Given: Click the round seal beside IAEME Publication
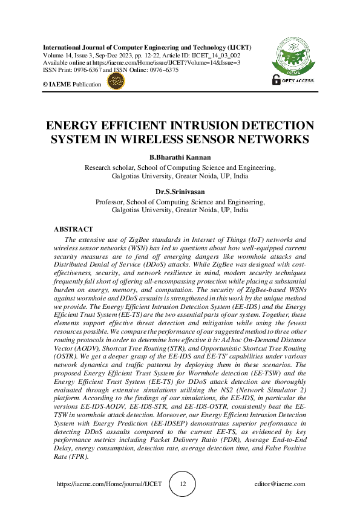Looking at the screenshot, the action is coord(115,83).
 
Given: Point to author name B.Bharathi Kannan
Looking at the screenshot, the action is coord(180,158).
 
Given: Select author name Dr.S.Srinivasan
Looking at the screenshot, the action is coord(180,192).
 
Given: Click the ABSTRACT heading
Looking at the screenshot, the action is coord(73,230).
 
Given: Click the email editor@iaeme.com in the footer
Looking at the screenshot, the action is coord(280,484).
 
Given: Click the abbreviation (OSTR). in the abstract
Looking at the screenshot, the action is coord(66,350).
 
